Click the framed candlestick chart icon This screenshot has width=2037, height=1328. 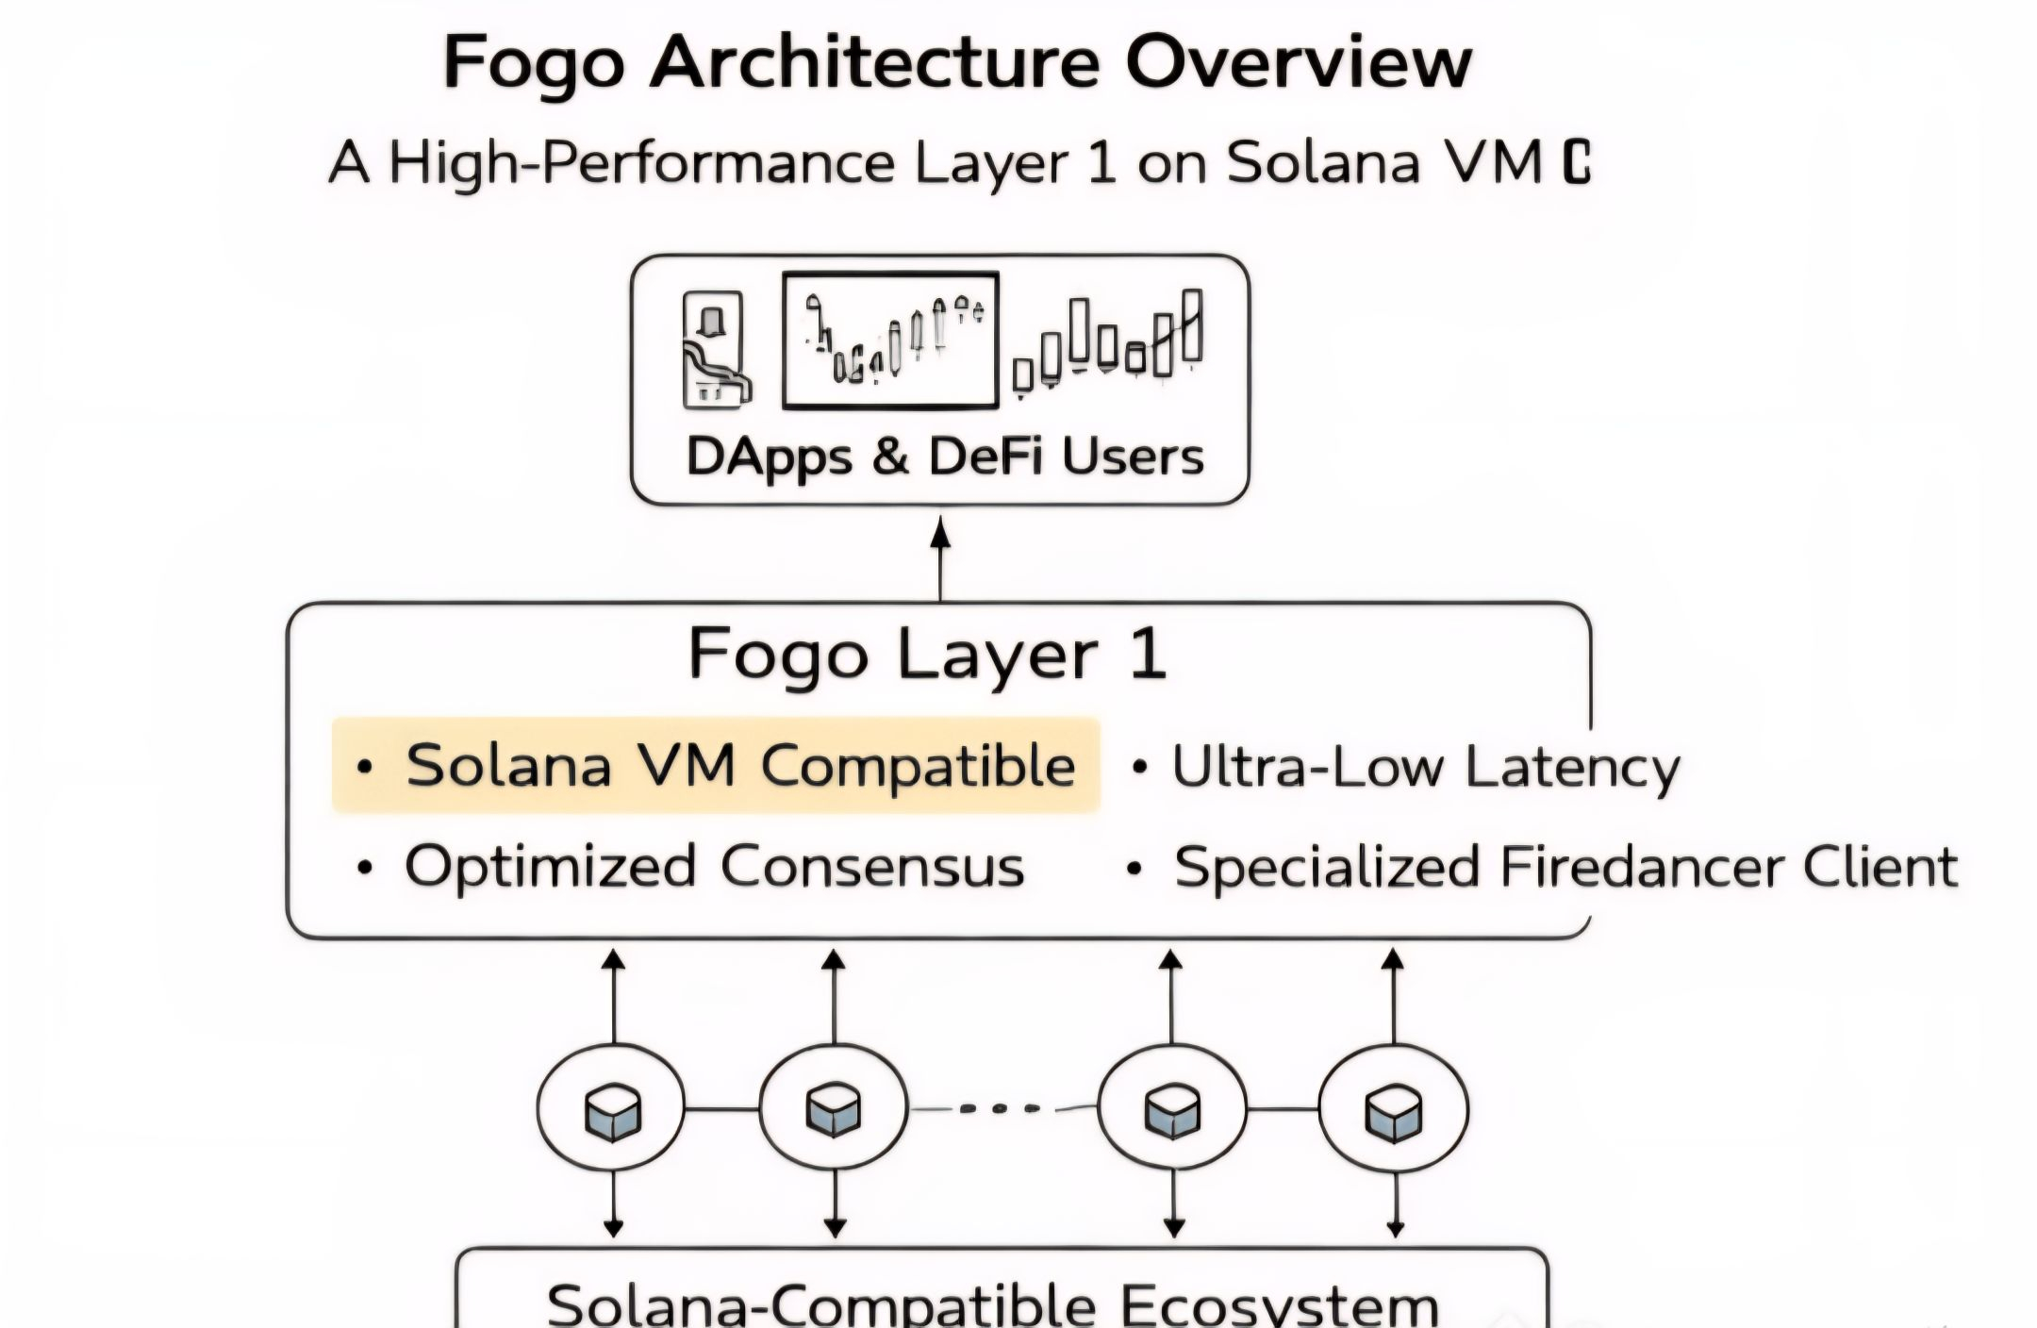[x=890, y=340]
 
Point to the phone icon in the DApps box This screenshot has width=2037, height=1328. [x=714, y=350]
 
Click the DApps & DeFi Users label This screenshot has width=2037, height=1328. [x=944, y=456]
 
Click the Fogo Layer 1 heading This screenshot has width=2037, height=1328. [x=928, y=654]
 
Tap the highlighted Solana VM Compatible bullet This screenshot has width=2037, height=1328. [x=717, y=765]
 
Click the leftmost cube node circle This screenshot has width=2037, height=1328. [x=612, y=1109]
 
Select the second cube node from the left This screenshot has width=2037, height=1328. [x=834, y=1109]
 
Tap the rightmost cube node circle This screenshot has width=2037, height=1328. [x=1393, y=1109]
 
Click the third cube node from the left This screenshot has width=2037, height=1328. [x=1172, y=1109]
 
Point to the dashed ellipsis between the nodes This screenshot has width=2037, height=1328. [x=1002, y=1109]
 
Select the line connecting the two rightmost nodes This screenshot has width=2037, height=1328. [x=1283, y=1109]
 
